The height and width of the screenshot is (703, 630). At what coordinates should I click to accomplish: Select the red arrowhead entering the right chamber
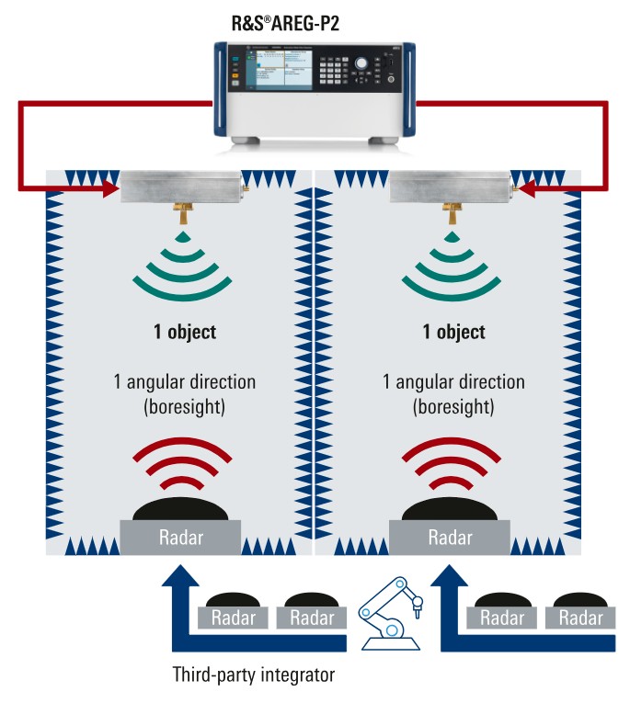(x=526, y=188)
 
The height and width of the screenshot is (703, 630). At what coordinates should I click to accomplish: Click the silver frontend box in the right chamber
(x=451, y=187)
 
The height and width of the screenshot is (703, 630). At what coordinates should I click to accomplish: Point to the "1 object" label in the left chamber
(x=184, y=332)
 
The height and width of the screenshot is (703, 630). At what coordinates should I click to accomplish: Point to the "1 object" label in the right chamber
(x=453, y=332)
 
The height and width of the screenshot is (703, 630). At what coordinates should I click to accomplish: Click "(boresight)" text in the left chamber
(x=184, y=404)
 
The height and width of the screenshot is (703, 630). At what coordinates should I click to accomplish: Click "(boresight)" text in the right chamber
(x=453, y=404)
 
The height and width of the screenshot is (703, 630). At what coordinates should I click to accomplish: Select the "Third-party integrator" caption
(x=253, y=675)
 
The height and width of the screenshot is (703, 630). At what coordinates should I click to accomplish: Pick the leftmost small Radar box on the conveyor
(x=233, y=618)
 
